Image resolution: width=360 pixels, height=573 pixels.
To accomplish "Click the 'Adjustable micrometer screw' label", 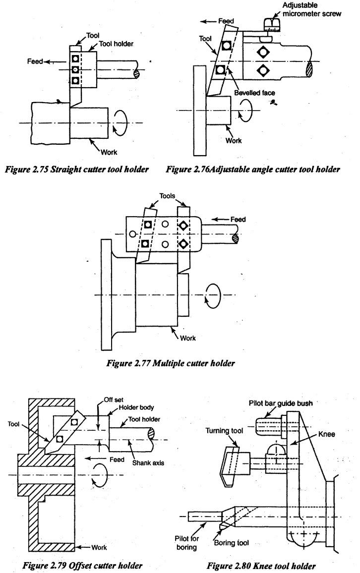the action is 311,9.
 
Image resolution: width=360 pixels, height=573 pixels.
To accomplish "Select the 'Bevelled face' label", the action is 254,93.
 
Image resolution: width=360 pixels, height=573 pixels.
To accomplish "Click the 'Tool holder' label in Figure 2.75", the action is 116,44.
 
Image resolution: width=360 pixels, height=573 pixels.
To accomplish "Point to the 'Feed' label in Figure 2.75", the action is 35,61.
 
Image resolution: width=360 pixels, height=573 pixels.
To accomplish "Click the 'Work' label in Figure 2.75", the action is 109,152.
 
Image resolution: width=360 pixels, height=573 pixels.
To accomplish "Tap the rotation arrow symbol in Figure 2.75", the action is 120,122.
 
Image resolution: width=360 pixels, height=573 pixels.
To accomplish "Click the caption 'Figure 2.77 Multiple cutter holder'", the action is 170,363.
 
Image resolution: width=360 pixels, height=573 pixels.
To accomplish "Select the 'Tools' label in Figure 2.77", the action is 167,196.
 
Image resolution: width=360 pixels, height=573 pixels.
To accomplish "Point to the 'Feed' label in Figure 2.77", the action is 238,219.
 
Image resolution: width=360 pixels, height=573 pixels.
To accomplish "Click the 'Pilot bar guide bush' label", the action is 281,403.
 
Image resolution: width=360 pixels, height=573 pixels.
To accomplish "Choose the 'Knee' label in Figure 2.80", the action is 326,434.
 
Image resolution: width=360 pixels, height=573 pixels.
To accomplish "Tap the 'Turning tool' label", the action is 224,431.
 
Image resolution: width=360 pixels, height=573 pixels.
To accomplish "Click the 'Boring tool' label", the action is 231,543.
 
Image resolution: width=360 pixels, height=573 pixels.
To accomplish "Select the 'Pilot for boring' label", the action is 186,543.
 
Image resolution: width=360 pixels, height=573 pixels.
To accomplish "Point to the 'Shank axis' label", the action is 148,462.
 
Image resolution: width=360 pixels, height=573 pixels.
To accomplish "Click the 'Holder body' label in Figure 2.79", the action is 136,407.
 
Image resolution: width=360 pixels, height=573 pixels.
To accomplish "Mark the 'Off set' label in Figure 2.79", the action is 114,400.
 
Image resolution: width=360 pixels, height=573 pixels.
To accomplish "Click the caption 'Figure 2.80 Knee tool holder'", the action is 261,566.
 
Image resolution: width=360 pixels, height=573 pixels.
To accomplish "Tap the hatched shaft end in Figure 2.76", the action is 310,69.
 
